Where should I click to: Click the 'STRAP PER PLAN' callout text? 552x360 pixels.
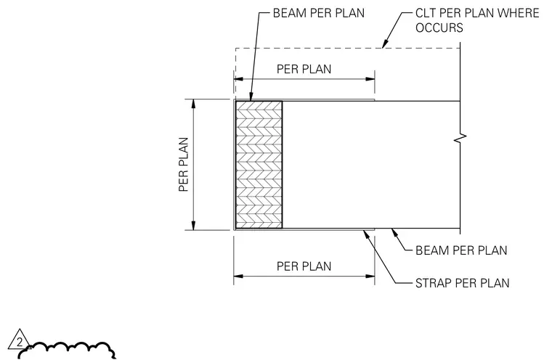point(462,283)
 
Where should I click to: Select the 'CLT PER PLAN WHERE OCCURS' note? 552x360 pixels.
point(477,20)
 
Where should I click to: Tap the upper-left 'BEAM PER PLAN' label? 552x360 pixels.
point(319,13)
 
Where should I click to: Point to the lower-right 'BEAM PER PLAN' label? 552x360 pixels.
point(461,250)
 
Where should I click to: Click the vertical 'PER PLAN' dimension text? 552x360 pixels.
point(184,164)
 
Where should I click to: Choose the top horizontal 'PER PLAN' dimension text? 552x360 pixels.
point(304,69)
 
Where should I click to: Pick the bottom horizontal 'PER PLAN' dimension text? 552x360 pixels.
point(304,266)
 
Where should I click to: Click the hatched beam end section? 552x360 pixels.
point(259,165)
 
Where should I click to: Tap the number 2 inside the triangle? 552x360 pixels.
point(20,342)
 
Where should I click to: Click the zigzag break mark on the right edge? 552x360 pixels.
point(460,139)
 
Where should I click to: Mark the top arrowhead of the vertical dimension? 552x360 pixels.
point(193,104)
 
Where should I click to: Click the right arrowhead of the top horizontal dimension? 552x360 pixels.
point(370,79)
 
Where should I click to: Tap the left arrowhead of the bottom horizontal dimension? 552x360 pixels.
point(238,277)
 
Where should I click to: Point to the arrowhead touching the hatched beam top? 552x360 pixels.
point(251,97)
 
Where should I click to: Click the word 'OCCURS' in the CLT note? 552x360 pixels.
point(439,28)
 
